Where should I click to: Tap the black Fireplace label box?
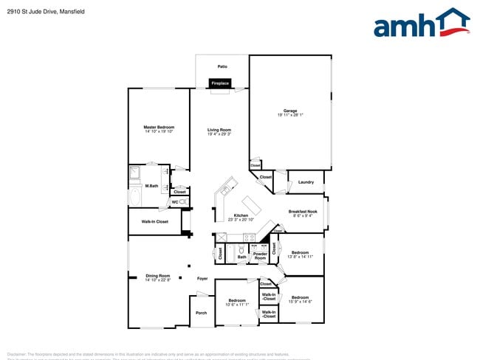[221, 83]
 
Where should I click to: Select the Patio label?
[222, 66]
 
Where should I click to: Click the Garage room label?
[290, 111]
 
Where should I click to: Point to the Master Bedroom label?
[159, 127]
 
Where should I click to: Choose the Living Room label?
[219, 130]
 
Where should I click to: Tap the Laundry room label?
[306, 181]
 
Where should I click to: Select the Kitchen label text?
[241, 215]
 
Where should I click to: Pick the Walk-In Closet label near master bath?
[154, 221]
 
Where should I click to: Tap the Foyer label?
[202, 278]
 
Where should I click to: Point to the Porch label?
[201, 312]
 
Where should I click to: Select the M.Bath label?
[152, 185]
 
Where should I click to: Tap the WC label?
[175, 201]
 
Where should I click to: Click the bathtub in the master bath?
[135, 198]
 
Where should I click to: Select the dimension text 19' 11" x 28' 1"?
[290, 115]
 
